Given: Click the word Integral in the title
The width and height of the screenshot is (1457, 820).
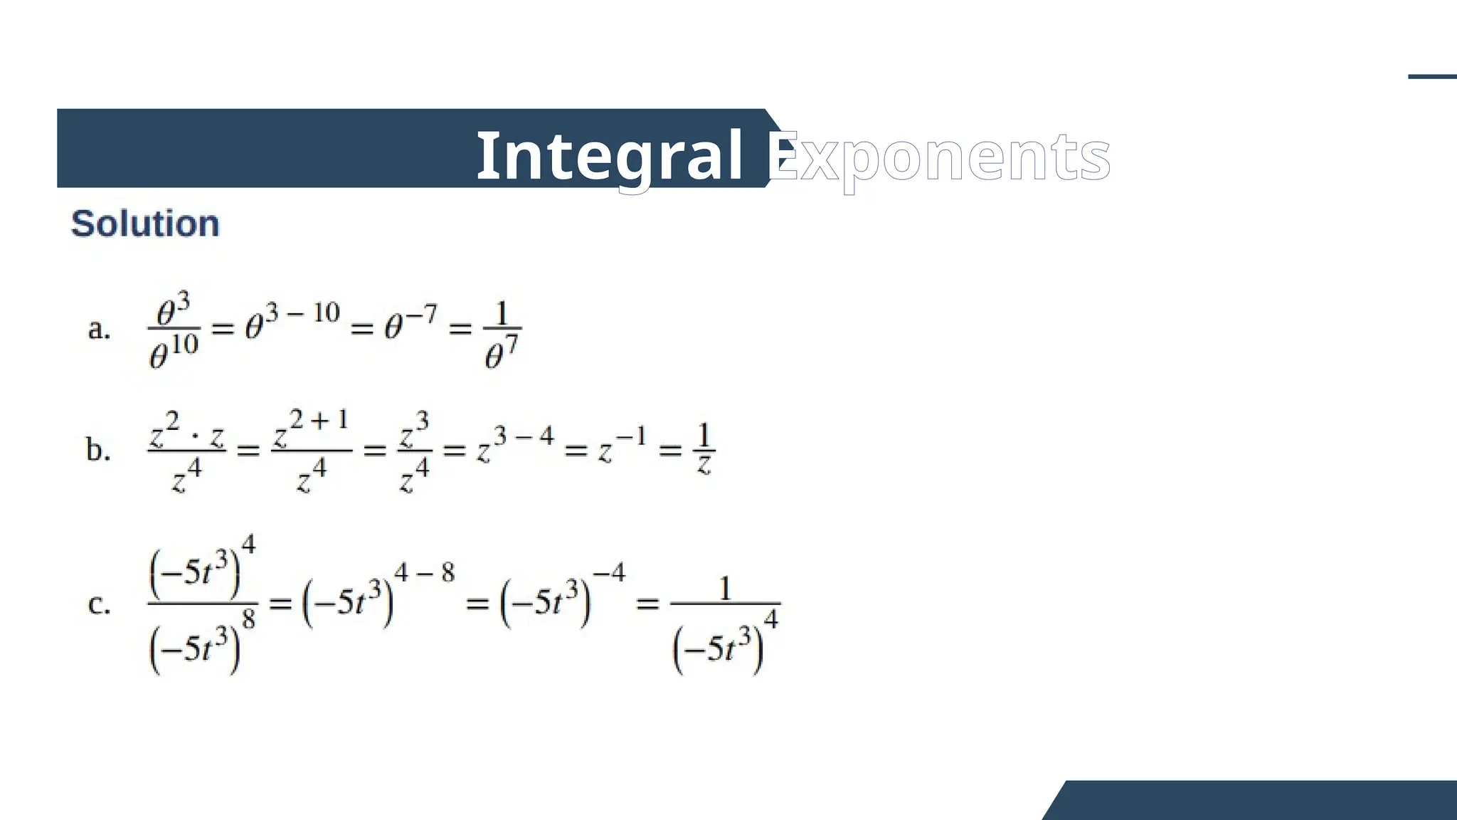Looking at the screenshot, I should coord(609,156).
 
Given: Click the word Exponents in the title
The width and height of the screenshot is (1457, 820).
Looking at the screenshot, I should coord(939,157).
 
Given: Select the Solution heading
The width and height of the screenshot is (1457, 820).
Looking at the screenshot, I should coord(145,224).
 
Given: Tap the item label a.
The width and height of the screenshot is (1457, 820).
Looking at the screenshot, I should coord(99,330).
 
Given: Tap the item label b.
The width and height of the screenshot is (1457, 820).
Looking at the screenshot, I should coord(98,451).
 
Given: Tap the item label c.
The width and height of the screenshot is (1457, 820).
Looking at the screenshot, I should coord(99,604).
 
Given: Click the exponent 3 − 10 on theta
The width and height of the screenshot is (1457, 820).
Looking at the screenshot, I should coord(302,312).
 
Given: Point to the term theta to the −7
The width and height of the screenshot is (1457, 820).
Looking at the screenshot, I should coord(410,323).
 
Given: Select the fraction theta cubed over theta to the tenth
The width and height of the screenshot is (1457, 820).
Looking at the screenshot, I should coord(174,331).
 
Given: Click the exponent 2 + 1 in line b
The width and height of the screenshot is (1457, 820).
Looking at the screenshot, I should coord(319,420).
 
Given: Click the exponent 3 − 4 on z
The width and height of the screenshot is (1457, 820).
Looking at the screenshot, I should coord(524,436).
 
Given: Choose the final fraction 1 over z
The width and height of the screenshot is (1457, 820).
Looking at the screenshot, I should coord(704,449).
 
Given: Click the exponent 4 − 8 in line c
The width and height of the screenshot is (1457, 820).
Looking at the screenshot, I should coord(424,572).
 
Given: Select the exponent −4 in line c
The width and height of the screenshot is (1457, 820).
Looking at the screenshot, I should coord(609,572).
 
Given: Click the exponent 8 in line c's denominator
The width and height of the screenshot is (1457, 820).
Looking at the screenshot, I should coord(248,620).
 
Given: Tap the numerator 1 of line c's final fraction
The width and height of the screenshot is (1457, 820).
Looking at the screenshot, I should coord(725,589).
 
